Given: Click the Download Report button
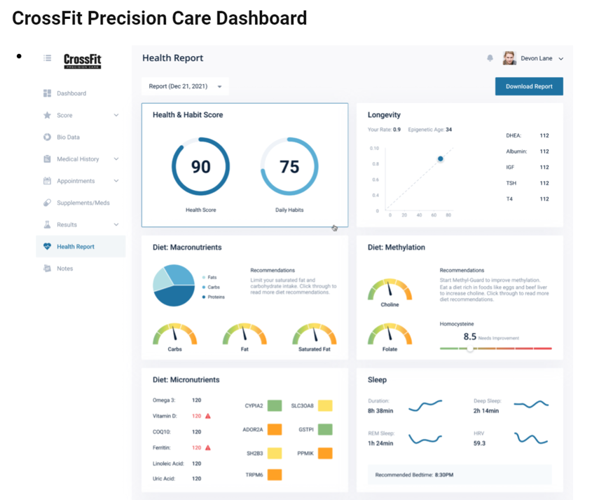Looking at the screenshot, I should (x=529, y=86).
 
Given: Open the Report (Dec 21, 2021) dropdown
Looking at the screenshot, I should (x=185, y=86).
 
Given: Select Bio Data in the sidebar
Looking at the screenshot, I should (x=68, y=137).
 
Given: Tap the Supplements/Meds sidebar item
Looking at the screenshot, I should (x=83, y=203).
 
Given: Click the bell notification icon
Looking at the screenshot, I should (x=490, y=58).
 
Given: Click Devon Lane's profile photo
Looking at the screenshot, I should (x=509, y=58).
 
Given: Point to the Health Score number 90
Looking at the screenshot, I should (x=200, y=166).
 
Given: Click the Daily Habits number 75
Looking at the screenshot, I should (x=289, y=166).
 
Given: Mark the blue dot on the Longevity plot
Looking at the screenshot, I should (x=441, y=159).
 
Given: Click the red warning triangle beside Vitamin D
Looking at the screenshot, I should (x=208, y=416).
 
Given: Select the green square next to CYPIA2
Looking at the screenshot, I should (x=275, y=405).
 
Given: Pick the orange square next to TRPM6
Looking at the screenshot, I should (x=275, y=475).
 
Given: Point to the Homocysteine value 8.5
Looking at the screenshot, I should (x=470, y=337).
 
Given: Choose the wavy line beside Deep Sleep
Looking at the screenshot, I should (x=531, y=405).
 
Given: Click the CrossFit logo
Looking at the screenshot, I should (x=83, y=60).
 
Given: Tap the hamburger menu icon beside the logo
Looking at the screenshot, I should (x=47, y=58).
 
